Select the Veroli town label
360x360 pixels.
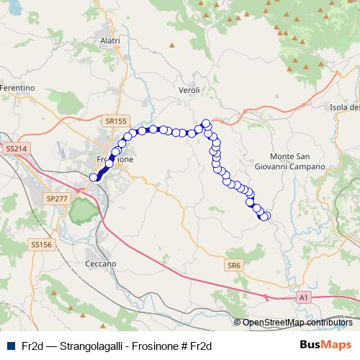[189, 90]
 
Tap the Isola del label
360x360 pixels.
[343, 108]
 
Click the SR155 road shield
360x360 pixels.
[114, 122]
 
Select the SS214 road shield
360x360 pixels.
[15, 148]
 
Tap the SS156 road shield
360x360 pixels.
[42, 245]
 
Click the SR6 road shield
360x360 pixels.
[233, 265]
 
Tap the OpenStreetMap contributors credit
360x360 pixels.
[297, 323]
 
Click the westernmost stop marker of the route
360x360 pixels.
[94, 177]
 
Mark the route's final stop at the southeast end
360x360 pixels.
[265, 215]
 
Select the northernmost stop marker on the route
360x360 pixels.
[206, 123]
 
